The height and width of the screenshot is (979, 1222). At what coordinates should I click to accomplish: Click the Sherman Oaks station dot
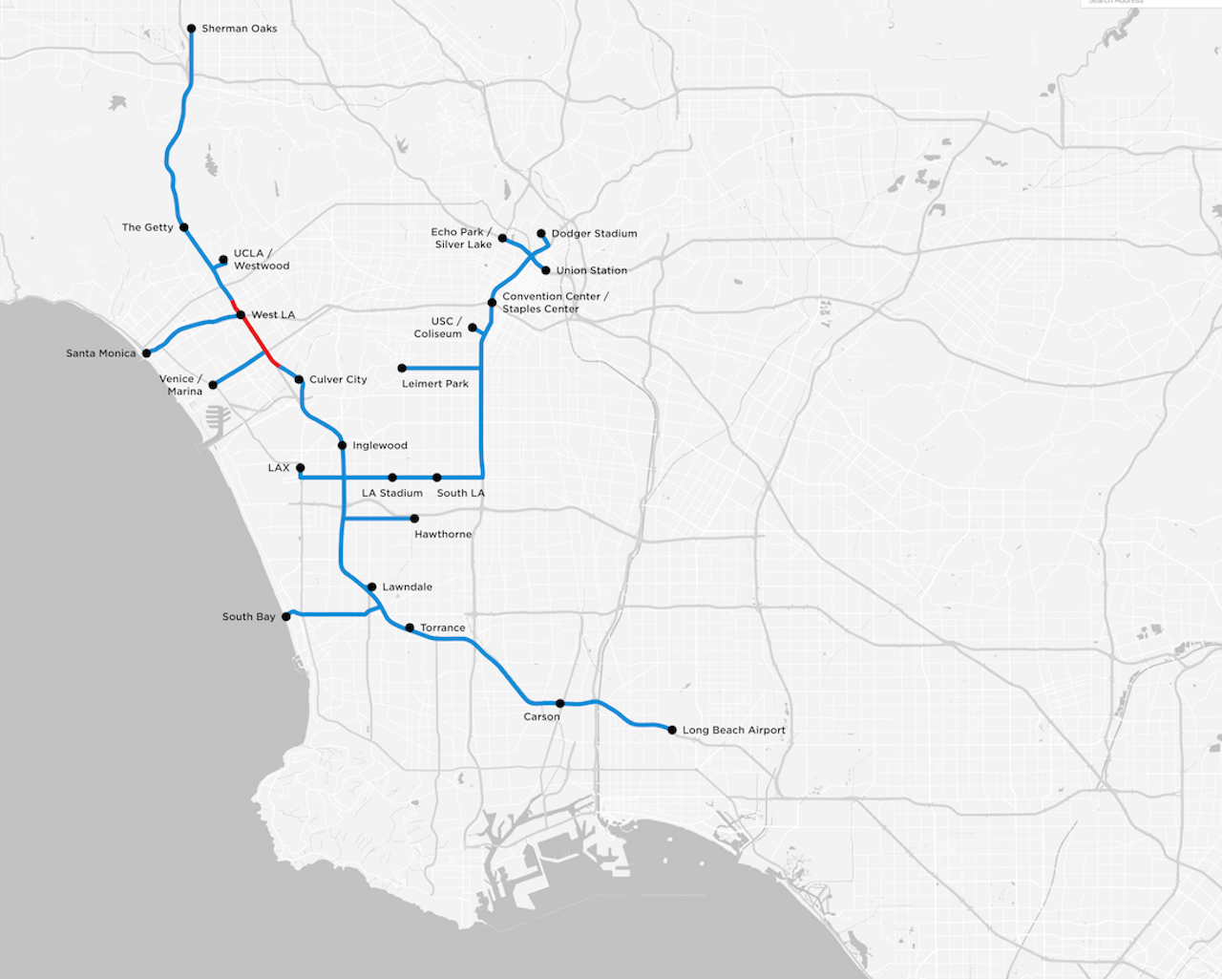coord(191,29)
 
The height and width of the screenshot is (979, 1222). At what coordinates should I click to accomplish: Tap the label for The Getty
coord(147,227)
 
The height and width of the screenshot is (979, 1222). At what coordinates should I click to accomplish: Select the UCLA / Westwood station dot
coord(223,259)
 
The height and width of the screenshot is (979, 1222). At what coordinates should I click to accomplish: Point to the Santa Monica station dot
coord(146,353)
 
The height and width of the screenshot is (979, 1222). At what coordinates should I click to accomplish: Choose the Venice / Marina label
coord(180,385)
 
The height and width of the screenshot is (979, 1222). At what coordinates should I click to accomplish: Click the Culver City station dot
coord(299,379)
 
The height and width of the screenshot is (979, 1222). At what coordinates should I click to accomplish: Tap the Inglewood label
coord(379,445)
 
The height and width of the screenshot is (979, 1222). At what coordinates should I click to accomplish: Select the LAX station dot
coord(300,468)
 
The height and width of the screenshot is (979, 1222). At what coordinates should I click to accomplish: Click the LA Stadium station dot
coord(392,478)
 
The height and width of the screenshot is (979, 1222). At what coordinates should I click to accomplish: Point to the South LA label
coord(460,493)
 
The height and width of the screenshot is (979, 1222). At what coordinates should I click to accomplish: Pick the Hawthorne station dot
coord(414,519)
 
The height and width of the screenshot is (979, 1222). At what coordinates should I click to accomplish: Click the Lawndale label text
coord(407,586)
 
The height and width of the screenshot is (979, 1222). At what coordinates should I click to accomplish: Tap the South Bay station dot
coord(286,617)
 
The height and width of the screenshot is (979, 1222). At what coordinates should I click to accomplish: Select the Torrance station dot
coord(410,628)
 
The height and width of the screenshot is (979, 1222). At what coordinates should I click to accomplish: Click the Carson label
coord(541,716)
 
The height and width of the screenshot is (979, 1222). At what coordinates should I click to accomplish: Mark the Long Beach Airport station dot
coord(672,730)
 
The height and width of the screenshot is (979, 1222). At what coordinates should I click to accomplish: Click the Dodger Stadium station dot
coord(541,233)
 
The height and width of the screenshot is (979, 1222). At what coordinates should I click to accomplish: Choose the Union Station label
coord(591,270)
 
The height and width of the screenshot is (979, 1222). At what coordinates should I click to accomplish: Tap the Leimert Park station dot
coord(402,368)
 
